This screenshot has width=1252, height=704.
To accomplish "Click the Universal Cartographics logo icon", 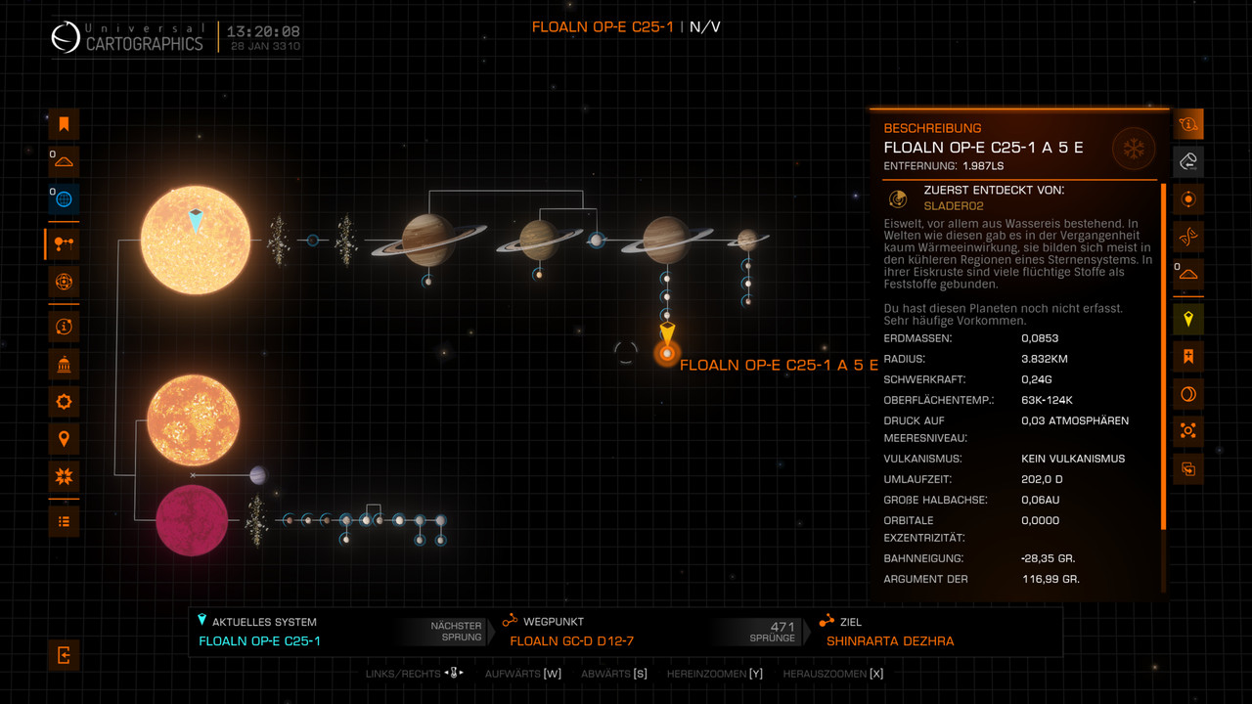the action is (66, 37).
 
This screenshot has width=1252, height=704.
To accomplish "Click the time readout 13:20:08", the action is (264, 31).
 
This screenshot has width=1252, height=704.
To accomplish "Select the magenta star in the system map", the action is (192, 520).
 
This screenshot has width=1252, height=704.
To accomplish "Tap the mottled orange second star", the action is (193, 418).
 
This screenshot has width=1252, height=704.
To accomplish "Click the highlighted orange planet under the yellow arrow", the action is (666, 353).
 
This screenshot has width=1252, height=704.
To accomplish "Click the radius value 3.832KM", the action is (1045, 359).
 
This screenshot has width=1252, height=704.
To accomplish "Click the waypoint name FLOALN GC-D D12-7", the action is (572, 641).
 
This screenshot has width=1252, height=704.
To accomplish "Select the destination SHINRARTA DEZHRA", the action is (890, 641).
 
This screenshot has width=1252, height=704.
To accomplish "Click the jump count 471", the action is (782, 627).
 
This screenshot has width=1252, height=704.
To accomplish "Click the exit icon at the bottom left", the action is (64, 655).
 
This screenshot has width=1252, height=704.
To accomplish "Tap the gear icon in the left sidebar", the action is (64, 401).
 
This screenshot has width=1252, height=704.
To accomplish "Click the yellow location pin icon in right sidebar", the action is (1188, 319).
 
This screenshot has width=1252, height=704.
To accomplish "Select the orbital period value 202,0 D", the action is (1042, 479).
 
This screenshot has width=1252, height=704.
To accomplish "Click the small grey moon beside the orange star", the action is (258, 475).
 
